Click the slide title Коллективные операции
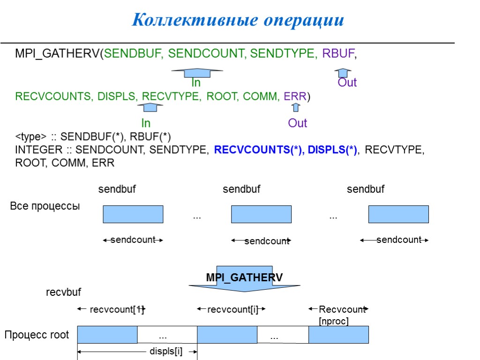tap(238, 20)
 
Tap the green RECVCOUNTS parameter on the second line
tap(53, 97)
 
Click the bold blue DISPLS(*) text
tap(332, 150)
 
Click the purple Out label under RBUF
tap(347, 83)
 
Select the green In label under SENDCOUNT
tap(196, 83)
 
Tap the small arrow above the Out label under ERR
tap(295, 108)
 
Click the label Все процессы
tap(45, 206)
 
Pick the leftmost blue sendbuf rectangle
tap(133, 214)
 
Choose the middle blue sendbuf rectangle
tap(261, 214)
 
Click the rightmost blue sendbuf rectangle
tap(398, 214)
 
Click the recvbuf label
tap(63, 292)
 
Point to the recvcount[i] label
tap(232, 309)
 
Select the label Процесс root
tap(37, 335)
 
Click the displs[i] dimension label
tap(166, 351)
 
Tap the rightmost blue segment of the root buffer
tap(338, 335)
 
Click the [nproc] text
tap(334, 321)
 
